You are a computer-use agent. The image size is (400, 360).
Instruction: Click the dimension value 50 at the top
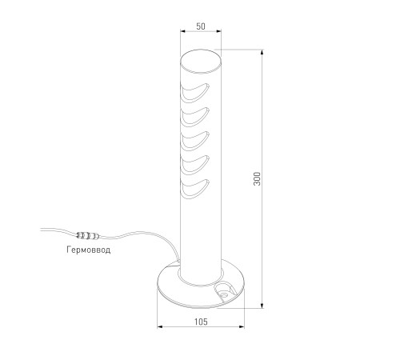click(201, 26)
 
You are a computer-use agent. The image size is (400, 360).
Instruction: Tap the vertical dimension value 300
click(257, 178)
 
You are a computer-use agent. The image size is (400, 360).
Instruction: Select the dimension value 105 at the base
click(201, 322)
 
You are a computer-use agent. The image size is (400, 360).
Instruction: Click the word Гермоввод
click(88, 250)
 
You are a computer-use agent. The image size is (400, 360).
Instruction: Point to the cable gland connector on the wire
click(88, 235)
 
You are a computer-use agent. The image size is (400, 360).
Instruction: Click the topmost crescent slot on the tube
click(195, 93)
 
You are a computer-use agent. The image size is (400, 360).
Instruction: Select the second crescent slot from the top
click(195, 117)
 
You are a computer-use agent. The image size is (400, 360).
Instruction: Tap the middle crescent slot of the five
click(195, 141)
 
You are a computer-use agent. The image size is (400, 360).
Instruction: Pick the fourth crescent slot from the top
click(195, 165)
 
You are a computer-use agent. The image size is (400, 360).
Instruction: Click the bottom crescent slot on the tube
click(195, 189)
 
